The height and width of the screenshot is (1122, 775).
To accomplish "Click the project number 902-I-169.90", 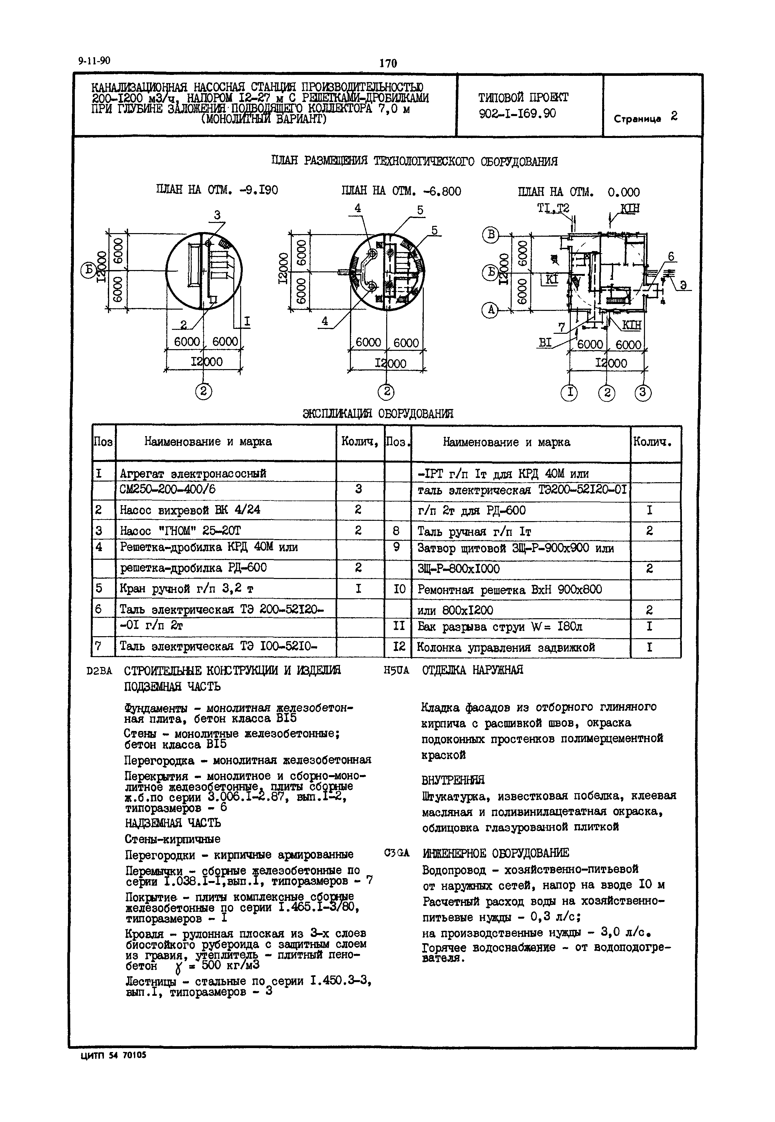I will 517,114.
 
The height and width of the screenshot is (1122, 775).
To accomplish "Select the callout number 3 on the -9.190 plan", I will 217,215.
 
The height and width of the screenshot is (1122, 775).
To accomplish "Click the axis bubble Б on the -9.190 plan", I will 88,270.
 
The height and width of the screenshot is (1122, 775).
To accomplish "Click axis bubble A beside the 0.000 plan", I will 490,310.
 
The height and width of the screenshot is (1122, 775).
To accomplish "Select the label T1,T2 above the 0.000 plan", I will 553,208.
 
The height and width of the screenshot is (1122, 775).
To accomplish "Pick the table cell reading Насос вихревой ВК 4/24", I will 190,510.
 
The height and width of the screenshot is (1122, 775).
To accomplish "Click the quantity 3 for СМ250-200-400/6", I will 358,489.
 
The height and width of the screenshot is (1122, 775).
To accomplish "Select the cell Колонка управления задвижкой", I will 506,647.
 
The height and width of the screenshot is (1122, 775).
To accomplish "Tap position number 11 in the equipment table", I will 398,626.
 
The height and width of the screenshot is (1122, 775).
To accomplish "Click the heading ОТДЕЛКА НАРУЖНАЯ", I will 472,670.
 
